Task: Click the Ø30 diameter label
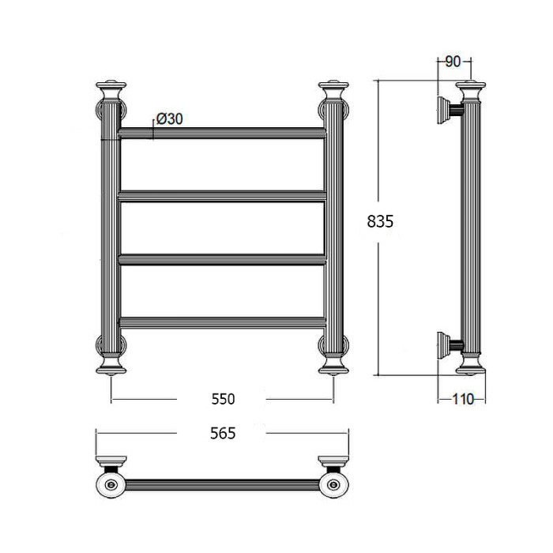(170, 118)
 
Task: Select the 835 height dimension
(380, 222)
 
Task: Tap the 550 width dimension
(224, 399)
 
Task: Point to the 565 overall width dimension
(224, 433)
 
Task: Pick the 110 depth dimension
(462, 399)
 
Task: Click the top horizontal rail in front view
(223, 134)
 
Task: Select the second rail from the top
(223, 194)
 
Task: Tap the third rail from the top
(223, 258)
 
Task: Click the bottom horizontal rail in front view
(223, 320)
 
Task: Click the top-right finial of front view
(334, 86)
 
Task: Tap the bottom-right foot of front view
(334, 365)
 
